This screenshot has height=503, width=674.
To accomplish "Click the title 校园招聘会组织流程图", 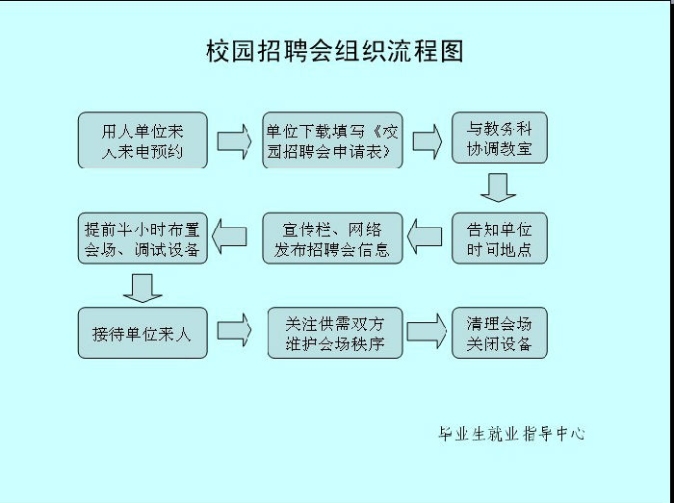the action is (334, 52).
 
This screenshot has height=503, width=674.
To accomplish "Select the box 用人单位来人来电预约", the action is (143, 140).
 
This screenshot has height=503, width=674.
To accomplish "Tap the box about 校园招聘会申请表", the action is (333, 140).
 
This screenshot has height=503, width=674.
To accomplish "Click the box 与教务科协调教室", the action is (500, 138).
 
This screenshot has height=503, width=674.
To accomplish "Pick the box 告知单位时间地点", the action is (500, 239).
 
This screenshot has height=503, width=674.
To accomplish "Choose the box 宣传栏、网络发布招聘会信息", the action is (333, 239).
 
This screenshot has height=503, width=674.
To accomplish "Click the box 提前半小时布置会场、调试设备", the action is (143, 239).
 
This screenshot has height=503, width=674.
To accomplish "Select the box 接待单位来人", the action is (143, 333).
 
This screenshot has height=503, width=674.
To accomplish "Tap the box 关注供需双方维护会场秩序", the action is (335, 333).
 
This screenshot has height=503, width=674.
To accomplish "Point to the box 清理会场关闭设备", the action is (500, 333).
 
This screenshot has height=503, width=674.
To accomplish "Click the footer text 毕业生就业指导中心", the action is (511, 434).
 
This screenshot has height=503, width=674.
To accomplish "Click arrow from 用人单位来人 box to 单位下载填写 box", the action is (234, 141).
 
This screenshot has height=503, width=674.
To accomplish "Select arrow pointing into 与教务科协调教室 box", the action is (428, 141).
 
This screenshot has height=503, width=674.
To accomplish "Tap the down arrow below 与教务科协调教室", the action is (498, 188).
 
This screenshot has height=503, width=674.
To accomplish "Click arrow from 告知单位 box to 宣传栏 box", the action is (425, 237).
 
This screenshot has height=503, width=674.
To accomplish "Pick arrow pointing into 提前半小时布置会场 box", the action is (229, 237).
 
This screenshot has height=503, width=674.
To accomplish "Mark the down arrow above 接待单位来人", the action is (143, 288).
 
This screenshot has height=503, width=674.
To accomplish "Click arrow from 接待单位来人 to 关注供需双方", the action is (234, 331).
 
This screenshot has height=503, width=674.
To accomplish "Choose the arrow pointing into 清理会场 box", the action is (427, 331).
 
